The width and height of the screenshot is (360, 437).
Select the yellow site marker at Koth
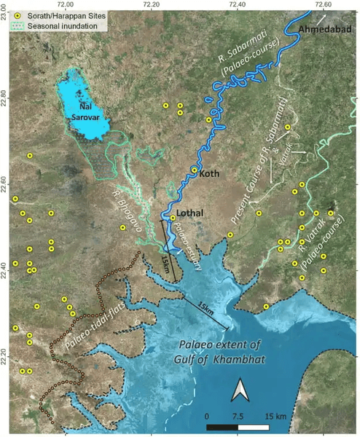pos(194,170)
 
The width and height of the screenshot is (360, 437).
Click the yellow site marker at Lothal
pos(173,218)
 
